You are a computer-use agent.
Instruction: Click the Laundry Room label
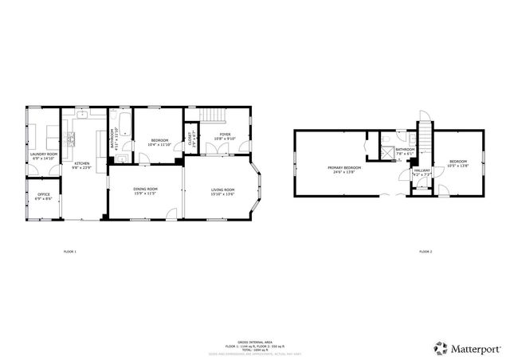pyautogui.click(x=43, y=154)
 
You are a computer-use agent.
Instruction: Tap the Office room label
pyautogui.click(x=43, y=194)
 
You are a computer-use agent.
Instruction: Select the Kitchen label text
pyautogui.click(x=82, y=164)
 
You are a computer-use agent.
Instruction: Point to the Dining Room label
pyautogui.click(x=144, y=189)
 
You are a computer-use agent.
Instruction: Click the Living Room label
pyautogui.click(x=222, y=189)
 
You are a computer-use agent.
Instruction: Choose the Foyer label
pyautogui.click(x=226, y=135)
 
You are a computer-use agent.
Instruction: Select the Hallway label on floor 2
pyautogui.click(x=422, y=170)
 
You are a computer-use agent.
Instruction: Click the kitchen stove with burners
pyautogui.click(x=70, y=142)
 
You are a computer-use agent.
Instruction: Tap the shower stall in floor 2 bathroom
pyautogui.click(x=386, y=139)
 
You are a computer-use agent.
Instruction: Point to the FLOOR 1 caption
pyautogui.click(x=70, y=252)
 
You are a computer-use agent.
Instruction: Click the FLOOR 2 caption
pyautogui.click(x=426, y=252)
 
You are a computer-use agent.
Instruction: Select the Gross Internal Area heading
pyautogui.click(x=254, y=340)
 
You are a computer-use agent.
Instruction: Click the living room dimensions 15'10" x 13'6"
pyautogui.click(x=222, y=194)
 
